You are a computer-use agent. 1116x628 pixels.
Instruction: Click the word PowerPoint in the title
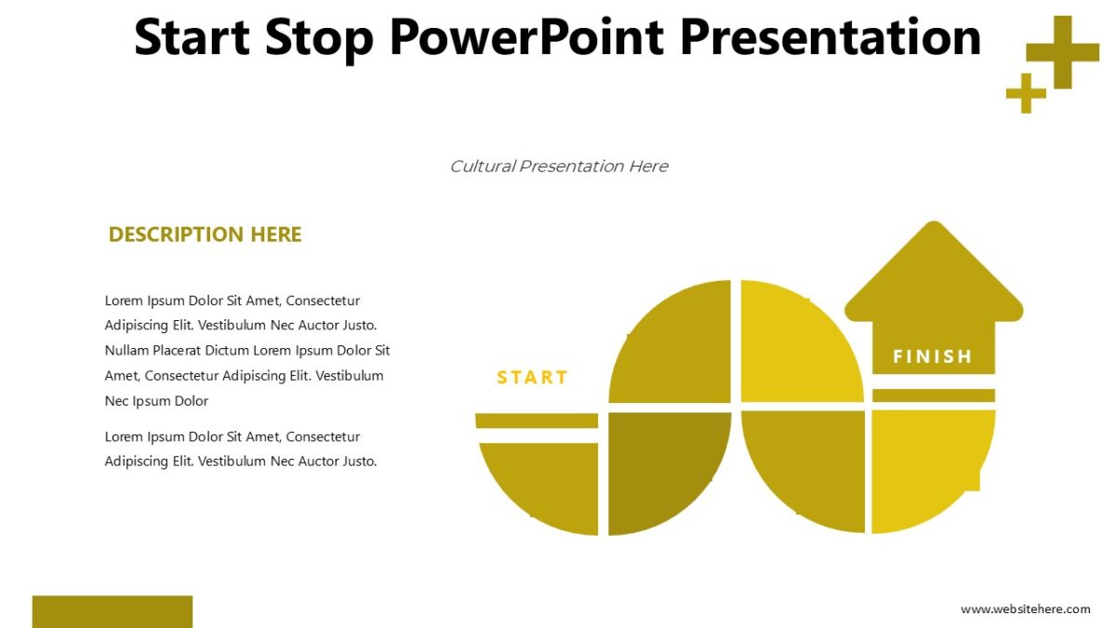[x=525, y=37]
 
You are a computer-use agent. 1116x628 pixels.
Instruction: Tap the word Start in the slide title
[x=193, y=37]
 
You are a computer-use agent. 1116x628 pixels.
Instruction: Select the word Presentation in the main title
[x=830, y=37]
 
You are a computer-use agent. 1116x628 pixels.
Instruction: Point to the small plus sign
[x=1026, y=93]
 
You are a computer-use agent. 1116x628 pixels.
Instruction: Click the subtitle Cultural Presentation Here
[x=558, y=167]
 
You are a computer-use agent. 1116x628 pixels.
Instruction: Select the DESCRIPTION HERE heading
[x=205, y=234]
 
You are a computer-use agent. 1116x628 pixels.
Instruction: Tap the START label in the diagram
[x=532, y=377]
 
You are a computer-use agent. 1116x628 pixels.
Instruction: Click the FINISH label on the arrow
[x=933, y=356]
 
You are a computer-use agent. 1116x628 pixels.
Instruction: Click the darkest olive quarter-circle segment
[x=662, y=465]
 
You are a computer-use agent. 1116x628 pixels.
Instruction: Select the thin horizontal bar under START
[x=537, y=421]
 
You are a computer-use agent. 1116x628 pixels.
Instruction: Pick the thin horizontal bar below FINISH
[x=933, y=395]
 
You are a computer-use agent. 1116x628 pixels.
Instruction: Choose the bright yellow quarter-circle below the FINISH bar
[x=925, y=465]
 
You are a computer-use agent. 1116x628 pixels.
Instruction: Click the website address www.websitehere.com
[x=1025, y=609]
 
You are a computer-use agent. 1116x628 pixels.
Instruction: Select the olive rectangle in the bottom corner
[x=113, y=611]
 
